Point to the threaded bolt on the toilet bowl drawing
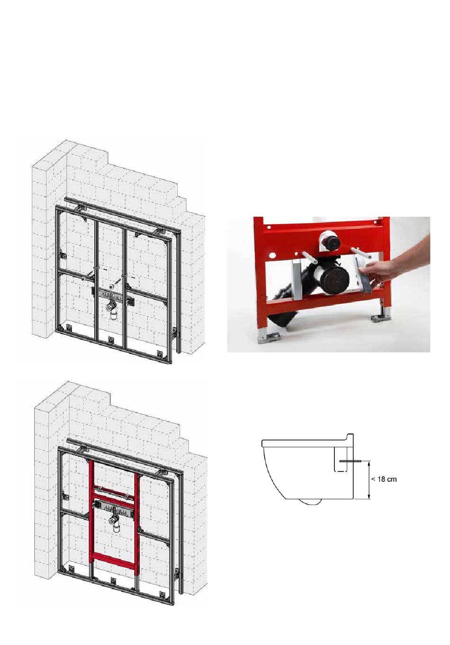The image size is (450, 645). tap(350, 461)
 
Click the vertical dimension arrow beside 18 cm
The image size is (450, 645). tap(369, 480)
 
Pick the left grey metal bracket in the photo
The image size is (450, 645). tap(296, 278)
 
